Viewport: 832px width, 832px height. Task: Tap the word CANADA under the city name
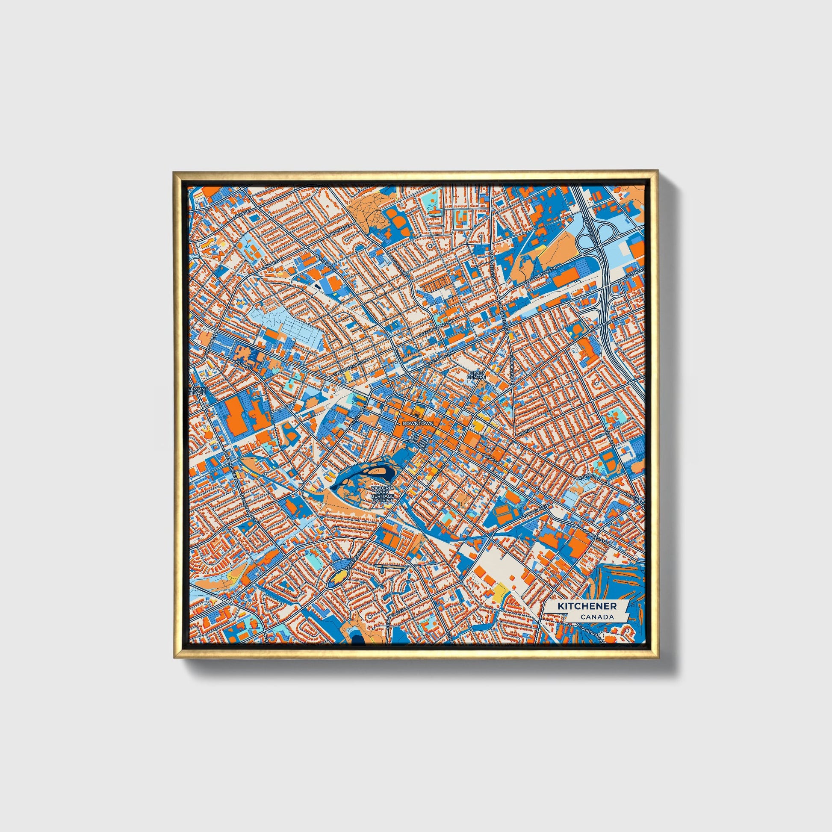[x=596, y=617]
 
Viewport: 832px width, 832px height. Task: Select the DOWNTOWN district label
[x=417, y=424]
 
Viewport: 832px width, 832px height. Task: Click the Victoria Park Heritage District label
[x=382, y=494]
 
